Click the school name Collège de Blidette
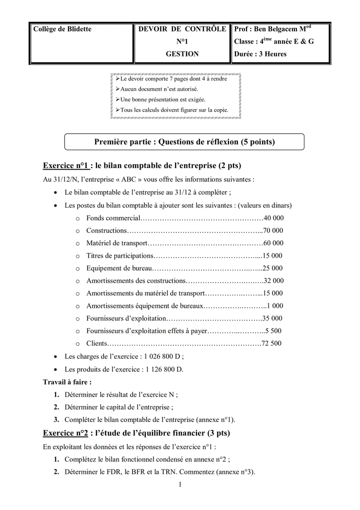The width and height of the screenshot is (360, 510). coord(62,29)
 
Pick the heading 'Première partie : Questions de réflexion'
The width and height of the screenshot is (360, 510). coord(184,142)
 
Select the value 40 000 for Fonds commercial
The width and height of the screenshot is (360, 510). coord(273,218)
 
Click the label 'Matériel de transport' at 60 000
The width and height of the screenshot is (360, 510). coord(116,243)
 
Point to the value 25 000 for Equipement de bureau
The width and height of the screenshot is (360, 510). coord(272,268)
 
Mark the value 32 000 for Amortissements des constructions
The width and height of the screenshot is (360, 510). coord(273,281)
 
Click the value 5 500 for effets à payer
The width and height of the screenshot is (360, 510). coord(273,331)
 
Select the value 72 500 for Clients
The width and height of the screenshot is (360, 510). coord(271,343)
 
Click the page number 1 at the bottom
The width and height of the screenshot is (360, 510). coord(180,484)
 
